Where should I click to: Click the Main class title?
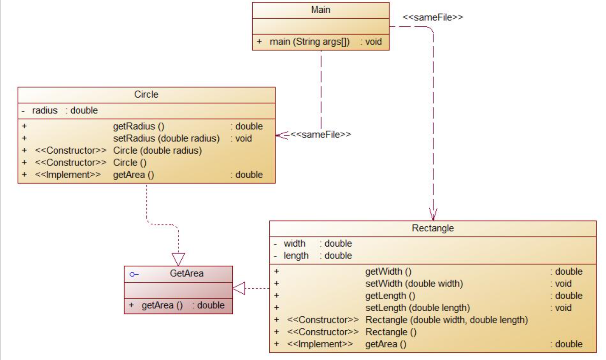pos(321,10)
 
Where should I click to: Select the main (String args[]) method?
pos(310,42)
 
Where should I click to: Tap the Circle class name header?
pos(146,94)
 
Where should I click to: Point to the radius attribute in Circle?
pos(45,110)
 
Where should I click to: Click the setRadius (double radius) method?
pos(166,138)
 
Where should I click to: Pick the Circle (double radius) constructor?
pos(157,150)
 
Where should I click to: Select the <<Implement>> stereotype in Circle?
pos(68,174)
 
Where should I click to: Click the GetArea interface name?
pos(186,273)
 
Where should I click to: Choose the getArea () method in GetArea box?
pos(162,305)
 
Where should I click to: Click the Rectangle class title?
pos(433,228)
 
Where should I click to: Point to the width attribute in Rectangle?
pos(294,244)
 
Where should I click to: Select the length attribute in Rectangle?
pos(296,256)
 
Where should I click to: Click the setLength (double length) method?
pos(417,308)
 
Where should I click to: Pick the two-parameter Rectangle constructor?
pos(446,320)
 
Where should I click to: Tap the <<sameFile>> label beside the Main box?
pos(433,17)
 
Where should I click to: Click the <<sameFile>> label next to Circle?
pos(321,135)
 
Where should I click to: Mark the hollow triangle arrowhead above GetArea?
pos(178,259)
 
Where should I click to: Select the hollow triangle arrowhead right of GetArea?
pos(239,289)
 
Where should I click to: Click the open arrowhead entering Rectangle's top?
pos(433,214)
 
